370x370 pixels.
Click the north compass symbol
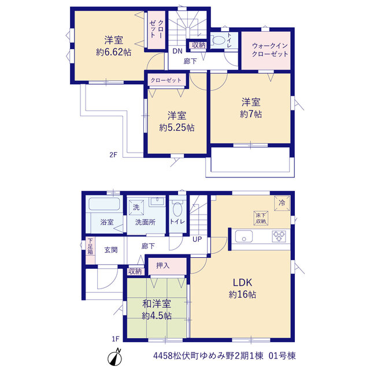[115, 358]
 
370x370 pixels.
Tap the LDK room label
[242, 282]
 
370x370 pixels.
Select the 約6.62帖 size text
[113, 52]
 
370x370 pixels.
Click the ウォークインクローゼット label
[270, 50]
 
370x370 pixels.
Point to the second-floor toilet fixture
[218, 40]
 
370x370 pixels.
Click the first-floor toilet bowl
[177, 208]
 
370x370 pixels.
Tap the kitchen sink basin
[244, 236]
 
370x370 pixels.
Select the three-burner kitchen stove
[279, 236]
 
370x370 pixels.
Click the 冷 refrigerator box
[282, 203]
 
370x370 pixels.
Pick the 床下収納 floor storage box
[261, 218]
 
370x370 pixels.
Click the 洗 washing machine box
[136, 207]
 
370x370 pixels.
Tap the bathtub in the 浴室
[104, 204]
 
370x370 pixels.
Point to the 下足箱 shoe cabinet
[90, 250]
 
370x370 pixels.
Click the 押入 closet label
[163, 265]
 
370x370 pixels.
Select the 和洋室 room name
[157, 304]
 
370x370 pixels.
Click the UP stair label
[197, 239]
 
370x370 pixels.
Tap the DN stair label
[177, 51]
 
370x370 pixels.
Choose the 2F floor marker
[113, 155]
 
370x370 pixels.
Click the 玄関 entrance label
[111, 250]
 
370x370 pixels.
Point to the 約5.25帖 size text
[177, 128]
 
